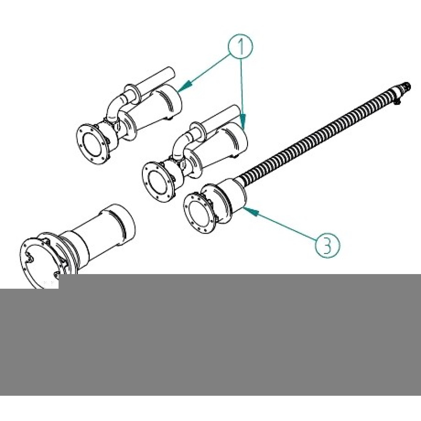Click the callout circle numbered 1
(240, 46)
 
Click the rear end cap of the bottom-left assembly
(123, 224)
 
